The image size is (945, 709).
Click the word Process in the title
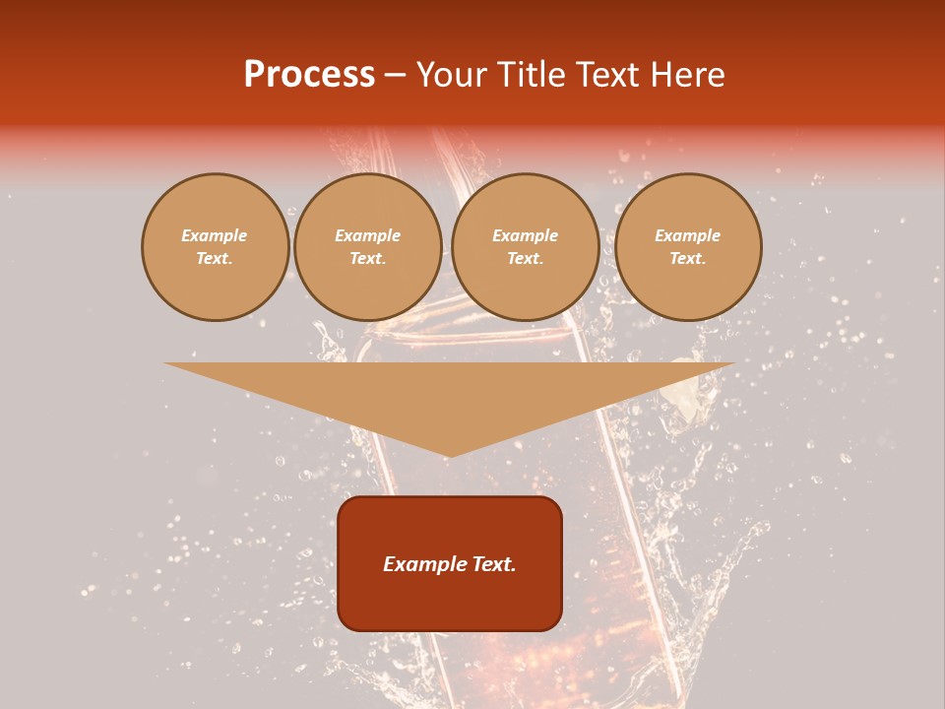pos(309,75)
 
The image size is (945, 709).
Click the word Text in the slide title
pos(608,75)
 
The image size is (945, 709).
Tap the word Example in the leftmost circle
pos(215,235)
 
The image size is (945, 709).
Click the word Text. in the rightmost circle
pos(687,259)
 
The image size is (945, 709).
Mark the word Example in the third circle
pos(525,235)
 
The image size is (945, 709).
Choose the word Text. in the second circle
pos(367,259)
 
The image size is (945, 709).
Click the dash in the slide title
pos(396,75)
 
